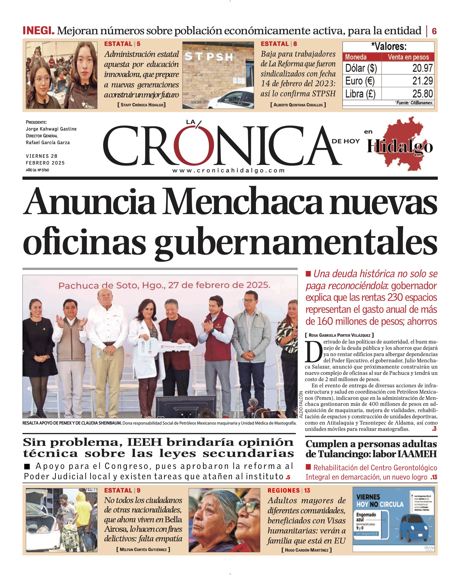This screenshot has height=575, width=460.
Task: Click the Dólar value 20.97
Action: pos(422,68)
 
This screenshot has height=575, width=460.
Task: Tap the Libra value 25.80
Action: pos(422,94)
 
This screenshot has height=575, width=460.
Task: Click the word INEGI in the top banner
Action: pos(38,30)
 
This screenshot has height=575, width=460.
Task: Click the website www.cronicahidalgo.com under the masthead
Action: pos(229,171)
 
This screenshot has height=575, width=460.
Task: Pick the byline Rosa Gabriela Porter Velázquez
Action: pos(339,335)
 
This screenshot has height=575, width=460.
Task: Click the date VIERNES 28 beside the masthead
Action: pos(42,156)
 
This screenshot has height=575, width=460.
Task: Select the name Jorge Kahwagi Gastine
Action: pos(51,129)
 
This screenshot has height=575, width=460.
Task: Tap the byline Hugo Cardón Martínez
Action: pos(306,550)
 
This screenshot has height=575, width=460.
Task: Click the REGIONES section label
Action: pos(284,490)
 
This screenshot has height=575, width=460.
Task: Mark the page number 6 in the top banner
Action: pos(434,31)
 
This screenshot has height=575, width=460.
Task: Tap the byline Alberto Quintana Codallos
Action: pos(298,105)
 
